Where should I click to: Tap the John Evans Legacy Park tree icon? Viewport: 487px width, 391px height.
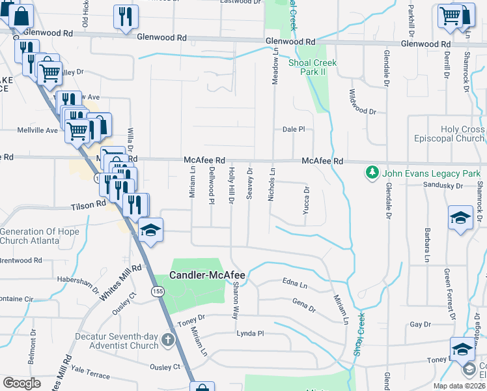(372, 173)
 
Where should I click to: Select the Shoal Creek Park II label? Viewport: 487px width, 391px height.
(307, 67)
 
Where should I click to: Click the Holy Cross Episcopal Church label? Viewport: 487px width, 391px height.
(449, 134)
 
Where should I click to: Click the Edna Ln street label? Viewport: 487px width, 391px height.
(295, 284)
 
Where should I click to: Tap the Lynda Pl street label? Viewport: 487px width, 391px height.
(250, 333)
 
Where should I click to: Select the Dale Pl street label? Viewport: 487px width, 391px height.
(294, 129)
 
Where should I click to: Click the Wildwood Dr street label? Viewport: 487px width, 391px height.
(363, 102)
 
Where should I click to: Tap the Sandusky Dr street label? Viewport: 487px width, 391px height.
(441, 186)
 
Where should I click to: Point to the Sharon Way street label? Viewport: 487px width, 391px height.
(235, 300)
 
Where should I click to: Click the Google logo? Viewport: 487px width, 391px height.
(21, 383)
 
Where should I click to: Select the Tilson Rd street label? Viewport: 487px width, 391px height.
(89, 205)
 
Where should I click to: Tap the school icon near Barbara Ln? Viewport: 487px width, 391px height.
(461, 216)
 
